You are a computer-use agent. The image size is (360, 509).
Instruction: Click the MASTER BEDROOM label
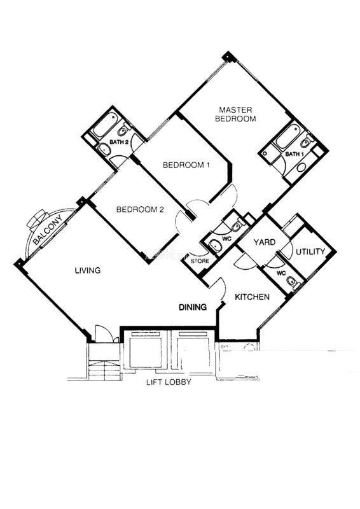tap(235, 115)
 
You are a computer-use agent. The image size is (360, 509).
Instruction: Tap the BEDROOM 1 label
tap(186, 165)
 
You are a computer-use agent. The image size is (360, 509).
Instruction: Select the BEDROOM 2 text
tap(140, 209)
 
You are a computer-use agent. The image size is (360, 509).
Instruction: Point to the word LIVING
tap(88, 270)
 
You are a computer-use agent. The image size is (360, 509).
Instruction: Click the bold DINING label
tap(193, 307)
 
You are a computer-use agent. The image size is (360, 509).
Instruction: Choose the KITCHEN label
tap(252, 296)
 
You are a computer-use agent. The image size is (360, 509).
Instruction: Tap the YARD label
tap(264, 242)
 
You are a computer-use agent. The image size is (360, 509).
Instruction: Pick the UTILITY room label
tap(310, 251)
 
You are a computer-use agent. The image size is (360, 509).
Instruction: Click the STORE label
tap(200, 261)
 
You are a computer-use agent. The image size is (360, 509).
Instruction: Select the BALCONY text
tap(48, 230)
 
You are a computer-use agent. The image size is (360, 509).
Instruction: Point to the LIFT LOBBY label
tap(169, 382)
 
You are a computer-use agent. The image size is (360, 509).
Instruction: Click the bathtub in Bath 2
tap(104, 125)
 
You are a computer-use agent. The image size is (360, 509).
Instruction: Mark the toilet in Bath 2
tap(123, 130)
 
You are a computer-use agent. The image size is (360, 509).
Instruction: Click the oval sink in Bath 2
tap(104, 150)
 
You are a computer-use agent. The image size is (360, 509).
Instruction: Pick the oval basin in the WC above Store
tap(214, 246)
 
